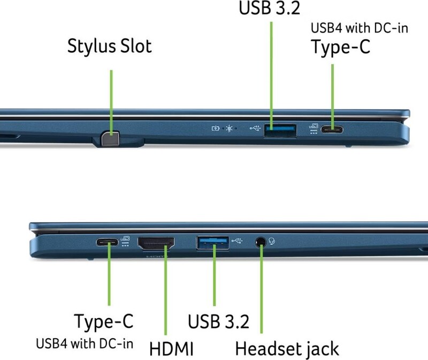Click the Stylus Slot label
tap(109, 47)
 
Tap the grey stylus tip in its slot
tap(110, 139)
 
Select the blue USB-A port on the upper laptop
tap(280, 130)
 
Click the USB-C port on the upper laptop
tap(332, 129)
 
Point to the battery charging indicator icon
tap(216, 128)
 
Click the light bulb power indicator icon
tap(230, 128)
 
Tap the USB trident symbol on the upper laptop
tap(255, 128)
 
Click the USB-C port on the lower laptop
tap(108, 242)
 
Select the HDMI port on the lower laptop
tap(156, 243)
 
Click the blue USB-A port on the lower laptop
tap(213, 243)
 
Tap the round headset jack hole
tap(261, 242)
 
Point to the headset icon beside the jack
tap(272, 241)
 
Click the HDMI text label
tap(171, 349)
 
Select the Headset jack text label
tap(287, 349)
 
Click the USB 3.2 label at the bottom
tap(218, 321)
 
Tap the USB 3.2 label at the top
tap(270, 7)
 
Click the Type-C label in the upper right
tap(340, 47)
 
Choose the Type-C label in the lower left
tap(104, 321)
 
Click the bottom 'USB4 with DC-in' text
tap(85, 343)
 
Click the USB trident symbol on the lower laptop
tap(237, 241)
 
